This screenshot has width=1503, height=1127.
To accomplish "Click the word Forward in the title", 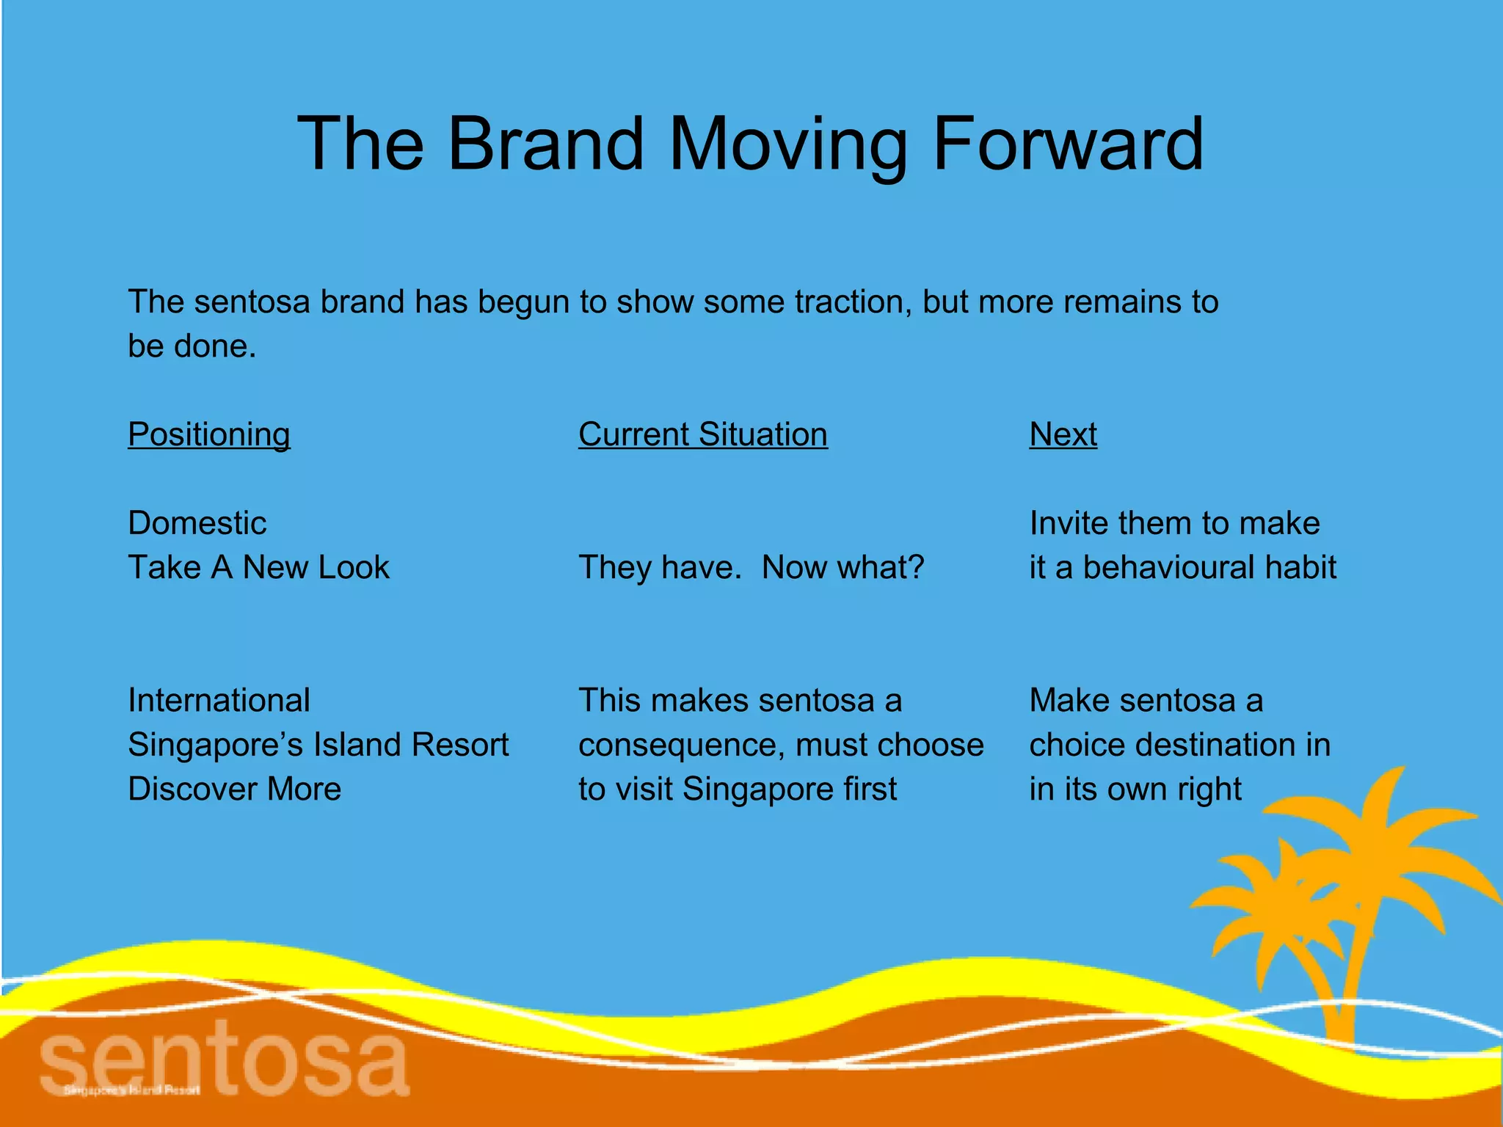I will click(1068, 145).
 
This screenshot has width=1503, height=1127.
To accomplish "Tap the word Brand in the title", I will click(545, 145).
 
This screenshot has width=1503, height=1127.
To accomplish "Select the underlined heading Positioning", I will click(209, 434).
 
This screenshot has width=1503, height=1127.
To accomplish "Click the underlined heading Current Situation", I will click(703, 434).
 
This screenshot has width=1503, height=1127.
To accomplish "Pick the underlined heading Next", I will click(1063, 434).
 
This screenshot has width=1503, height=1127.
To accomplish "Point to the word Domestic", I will click(197, 523).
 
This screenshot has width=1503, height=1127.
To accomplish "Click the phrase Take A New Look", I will click(258, 568).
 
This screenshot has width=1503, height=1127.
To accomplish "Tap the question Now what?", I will click(843, 568).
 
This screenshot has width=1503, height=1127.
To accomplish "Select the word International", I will click(219, 701).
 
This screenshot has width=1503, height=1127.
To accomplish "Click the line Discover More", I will click(234, 789).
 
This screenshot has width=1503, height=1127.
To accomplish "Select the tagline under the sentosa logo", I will click(131, 1090).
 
